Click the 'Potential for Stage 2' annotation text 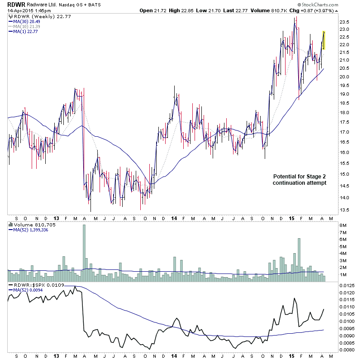click(299, 176)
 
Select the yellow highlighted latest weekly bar click(324, 40)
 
